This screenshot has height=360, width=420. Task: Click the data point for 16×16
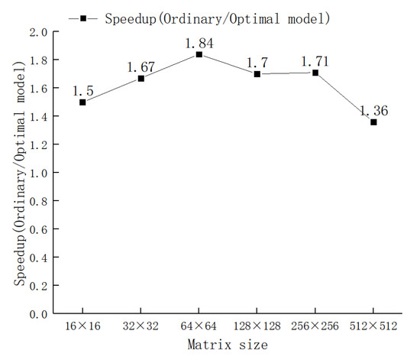82,102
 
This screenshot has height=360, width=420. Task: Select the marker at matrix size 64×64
199,54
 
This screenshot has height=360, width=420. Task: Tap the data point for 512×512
373,122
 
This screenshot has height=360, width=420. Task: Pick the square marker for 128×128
257,74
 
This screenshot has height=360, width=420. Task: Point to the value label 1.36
374,111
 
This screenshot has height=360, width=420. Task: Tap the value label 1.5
82,90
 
